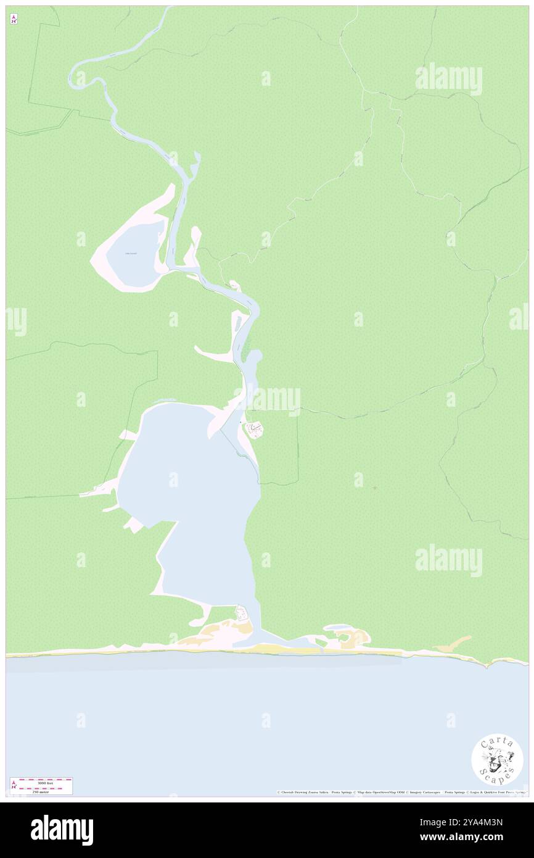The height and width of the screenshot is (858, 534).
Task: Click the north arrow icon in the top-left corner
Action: coord(14,19)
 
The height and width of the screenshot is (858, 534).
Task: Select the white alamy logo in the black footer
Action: coord(62,830)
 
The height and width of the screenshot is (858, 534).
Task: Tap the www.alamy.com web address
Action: coord(479,838)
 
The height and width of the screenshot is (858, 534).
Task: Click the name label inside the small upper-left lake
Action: coord(131,253)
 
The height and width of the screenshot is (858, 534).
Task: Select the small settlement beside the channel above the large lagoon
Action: coord(255,428)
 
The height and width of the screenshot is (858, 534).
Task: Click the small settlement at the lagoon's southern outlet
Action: coord(242,614)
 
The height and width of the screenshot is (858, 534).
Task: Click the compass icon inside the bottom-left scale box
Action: coord(14,786)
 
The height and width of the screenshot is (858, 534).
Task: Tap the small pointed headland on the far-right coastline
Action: coord(488,665)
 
